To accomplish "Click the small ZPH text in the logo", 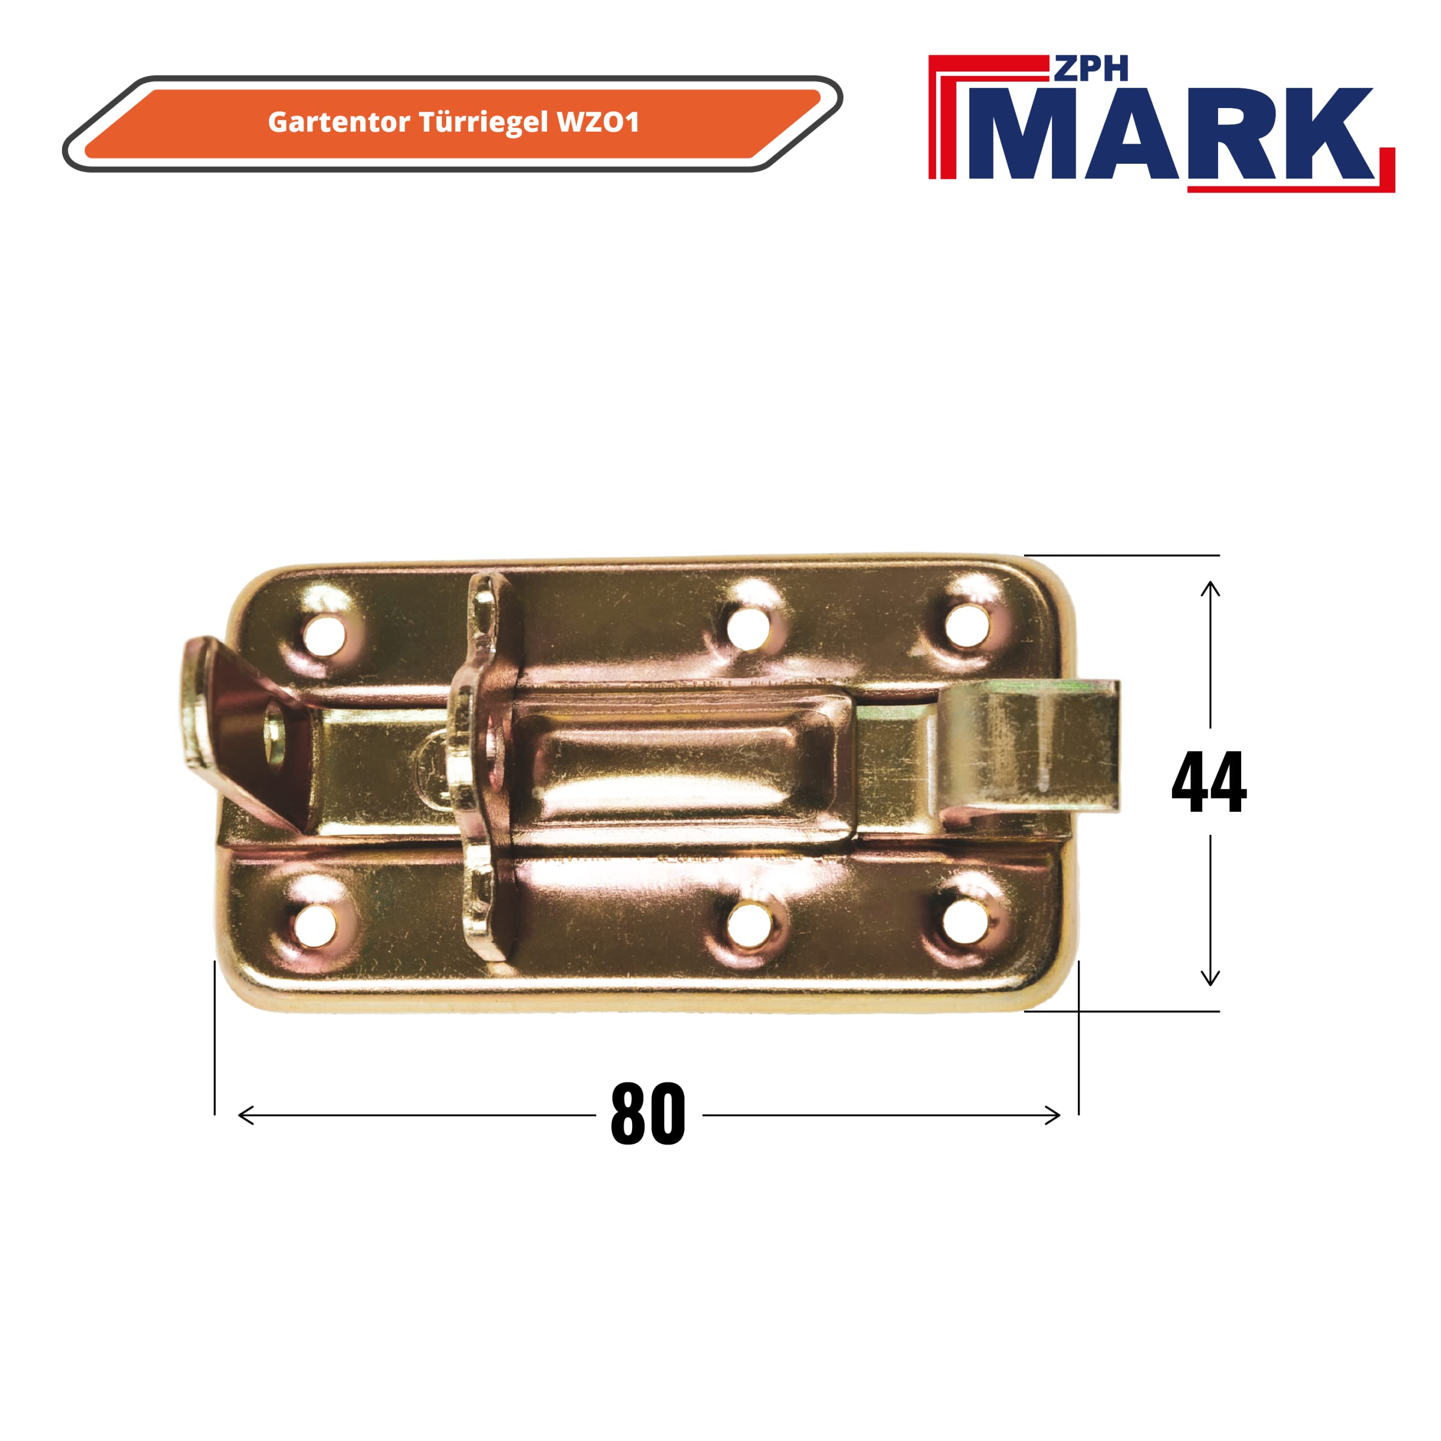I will pyautogui.click(x=1090, y=69).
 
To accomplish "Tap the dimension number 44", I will pyautogui.click(x=1209, y=782).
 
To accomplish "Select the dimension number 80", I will pyautogui.click(x=647, y=1115).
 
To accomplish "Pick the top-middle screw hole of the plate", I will pyautogui.click(x=748, y=629).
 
